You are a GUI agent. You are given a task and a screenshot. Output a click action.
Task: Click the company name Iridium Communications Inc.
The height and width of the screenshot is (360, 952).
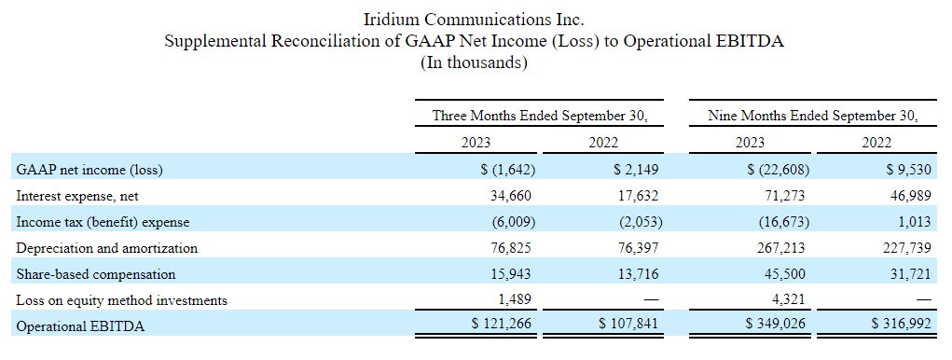point(475,19)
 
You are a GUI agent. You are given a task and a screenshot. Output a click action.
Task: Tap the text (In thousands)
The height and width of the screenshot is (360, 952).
point(475,63)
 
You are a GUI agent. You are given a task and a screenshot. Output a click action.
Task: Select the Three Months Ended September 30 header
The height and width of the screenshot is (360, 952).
point(539,116)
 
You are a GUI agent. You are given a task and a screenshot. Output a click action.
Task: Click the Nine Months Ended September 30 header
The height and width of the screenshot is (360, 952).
point(812,116)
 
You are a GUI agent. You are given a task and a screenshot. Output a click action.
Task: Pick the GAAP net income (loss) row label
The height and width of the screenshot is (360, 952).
point(90,170)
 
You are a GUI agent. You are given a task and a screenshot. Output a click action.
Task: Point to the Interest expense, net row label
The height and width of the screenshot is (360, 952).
point(77,196)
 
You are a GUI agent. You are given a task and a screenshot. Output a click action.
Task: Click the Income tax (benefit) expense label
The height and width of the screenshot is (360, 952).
point(103,222)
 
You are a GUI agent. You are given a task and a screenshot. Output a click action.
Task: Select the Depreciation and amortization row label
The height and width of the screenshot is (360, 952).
point(107,248)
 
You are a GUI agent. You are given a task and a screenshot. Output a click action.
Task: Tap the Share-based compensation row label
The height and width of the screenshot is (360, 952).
point(96,274)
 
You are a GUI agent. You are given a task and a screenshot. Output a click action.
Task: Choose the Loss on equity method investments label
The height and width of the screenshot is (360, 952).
point(122,300)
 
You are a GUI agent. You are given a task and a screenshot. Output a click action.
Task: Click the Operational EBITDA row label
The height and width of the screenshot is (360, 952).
point(80,326)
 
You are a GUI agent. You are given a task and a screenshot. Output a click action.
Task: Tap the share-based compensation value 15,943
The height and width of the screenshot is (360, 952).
point(510,274)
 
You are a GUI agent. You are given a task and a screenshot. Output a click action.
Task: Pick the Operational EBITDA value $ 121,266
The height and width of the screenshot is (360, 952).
point(504,324)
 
